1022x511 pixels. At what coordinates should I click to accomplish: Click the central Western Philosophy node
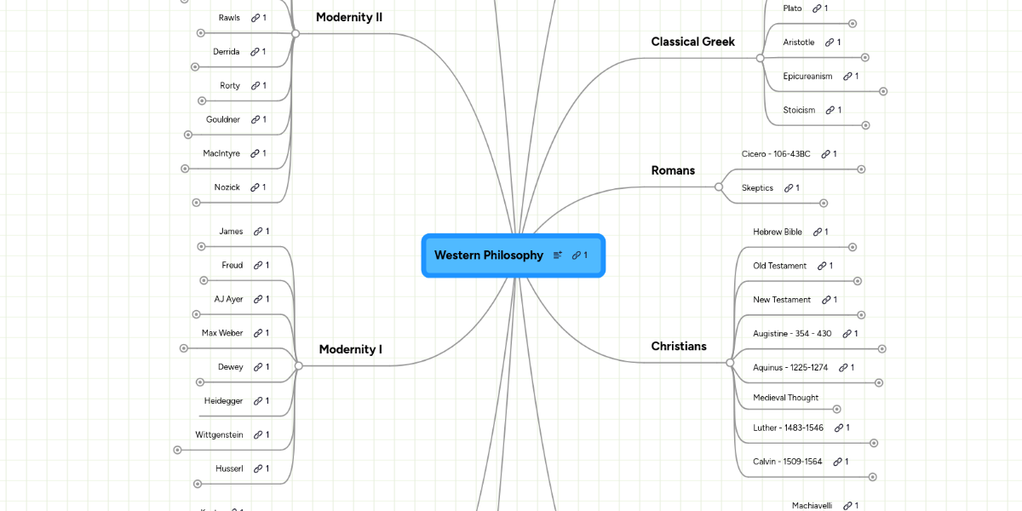[x=488, y=255]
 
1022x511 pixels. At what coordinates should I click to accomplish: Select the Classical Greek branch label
[x=692, y=42]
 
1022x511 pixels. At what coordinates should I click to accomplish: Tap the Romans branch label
[x=673, y=170]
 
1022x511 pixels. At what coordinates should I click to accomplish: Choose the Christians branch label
[x=679, y=346]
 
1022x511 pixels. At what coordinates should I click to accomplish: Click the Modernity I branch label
[x=350, y=349]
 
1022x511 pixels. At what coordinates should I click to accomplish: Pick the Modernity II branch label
[x=349, y=17]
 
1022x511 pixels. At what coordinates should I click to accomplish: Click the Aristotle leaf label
[x=799, y=43]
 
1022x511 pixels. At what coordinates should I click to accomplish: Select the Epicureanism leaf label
[x=807, y=77]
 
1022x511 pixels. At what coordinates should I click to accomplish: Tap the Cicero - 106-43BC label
[x=776, y=154]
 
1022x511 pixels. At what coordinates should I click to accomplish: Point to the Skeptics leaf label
[x=757, y=188]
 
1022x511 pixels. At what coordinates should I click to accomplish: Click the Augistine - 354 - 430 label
[x=792, y=334]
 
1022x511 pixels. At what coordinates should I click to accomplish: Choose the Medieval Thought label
[x=785, y=398]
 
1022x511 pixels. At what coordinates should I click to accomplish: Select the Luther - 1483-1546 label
[x=788, y=428]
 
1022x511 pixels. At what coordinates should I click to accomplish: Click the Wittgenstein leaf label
[x=219, y=435]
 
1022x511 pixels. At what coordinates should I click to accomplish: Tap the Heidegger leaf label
[x=223, y=401]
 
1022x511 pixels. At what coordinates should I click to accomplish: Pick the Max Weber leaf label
[x=222, y=333]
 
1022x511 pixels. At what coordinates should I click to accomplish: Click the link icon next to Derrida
[x=255, y=52]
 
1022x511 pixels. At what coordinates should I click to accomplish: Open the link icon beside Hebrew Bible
[x=817, y=232]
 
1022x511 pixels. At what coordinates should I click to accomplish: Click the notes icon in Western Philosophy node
[x=558, y=255]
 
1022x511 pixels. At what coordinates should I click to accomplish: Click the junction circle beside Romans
[x=719, y=187]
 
